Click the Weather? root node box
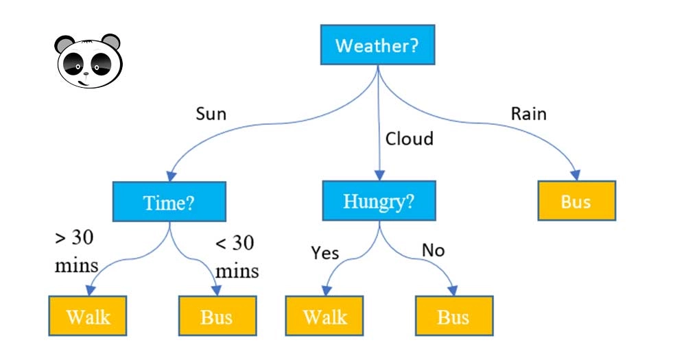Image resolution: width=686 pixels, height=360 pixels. point(377,45)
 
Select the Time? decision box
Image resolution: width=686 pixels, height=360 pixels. point(169,202)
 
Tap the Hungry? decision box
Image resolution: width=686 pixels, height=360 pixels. point(379,201)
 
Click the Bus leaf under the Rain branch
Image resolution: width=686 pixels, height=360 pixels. point(577,201)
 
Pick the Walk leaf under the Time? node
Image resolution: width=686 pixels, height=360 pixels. point(88,316)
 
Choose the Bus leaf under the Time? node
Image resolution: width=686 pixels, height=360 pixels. point(217,316)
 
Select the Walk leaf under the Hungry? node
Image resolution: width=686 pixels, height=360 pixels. point(324,316)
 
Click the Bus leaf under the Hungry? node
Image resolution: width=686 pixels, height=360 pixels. point(454,316)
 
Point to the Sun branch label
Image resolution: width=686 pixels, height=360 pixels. point(211,114)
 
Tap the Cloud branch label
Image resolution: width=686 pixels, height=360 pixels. point(409,139)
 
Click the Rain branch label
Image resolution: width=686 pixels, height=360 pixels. point(528,114)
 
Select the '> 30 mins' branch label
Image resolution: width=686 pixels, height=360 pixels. point(76,252)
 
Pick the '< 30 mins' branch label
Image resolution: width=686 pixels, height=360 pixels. point(237,256)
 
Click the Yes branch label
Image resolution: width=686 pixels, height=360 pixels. point(324,253)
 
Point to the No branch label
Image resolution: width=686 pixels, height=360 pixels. point(433,250)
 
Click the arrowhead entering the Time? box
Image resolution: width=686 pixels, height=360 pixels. point(171,176)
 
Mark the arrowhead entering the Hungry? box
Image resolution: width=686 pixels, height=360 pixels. point(379,175)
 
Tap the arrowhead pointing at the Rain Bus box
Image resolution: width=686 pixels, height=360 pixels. point(576,175)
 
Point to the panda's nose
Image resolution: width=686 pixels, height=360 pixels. point(86,73)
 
